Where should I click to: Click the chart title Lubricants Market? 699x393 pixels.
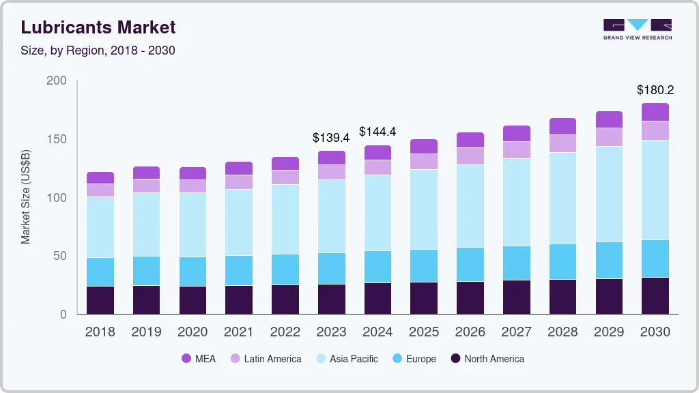[98, 27]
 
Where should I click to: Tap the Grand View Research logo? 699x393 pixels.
[638, 29]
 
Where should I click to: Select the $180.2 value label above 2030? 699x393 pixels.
[655, 89]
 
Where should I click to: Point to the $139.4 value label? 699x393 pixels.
[331, 137]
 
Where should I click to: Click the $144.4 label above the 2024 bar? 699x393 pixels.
[377, 132]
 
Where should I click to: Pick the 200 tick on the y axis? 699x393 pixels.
[57, 81]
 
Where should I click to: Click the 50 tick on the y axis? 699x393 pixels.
[60, 256]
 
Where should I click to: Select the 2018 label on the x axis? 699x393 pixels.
[100, 332]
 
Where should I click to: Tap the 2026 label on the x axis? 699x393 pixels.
[470, 332]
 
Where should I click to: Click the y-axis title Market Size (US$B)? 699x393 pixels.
[26, 198]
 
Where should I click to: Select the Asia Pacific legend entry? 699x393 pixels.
[346, 359]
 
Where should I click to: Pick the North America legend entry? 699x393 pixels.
[487, 359]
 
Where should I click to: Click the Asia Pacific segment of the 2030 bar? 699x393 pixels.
[655, 190]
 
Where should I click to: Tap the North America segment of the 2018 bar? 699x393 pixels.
[100, 300]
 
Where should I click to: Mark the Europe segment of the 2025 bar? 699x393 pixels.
[424, 265]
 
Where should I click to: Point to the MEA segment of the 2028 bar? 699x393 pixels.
[562, 126]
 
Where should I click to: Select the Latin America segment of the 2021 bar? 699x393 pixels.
[239, 182]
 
